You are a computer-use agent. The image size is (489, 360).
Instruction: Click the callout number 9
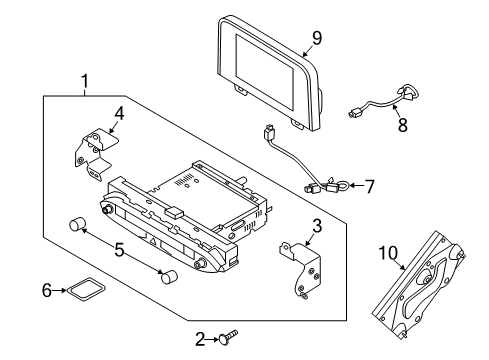click(x=316, y=38)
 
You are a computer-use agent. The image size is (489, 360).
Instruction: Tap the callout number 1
click(x=85, y=81)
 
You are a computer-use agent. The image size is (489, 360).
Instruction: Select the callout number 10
click(x=388, y=253)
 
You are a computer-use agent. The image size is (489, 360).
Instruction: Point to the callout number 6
click(x=47, y=290)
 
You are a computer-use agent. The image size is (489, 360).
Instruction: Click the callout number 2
click(x=200, y=339)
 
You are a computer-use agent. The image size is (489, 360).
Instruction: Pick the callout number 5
click(x=119, y=250)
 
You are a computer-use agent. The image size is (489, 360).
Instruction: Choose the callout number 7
click(x=369, y=186)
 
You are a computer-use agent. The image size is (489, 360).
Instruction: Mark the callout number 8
click(x=403, y=125)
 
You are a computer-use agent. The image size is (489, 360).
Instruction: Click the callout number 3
click(x=317, y=226)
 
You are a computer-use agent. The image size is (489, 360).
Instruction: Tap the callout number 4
click(x=119, y=114)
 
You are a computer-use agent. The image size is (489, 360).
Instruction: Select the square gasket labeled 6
click(x=86, y=289)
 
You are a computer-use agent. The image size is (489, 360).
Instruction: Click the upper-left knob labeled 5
click(x=77, y=224)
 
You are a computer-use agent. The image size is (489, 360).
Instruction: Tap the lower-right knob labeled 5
click(x=169, y=276)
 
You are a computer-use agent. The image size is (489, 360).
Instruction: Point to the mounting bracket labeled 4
click(x=95, y=153)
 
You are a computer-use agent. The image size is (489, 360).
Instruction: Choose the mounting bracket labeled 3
click(x=302, y=270)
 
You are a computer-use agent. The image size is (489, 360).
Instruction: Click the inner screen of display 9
click(x=265, y=71)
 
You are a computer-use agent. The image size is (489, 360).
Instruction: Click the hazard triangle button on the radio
click(x=152, y=241)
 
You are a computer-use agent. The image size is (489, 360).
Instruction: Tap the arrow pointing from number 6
click(x=60, y=290)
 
